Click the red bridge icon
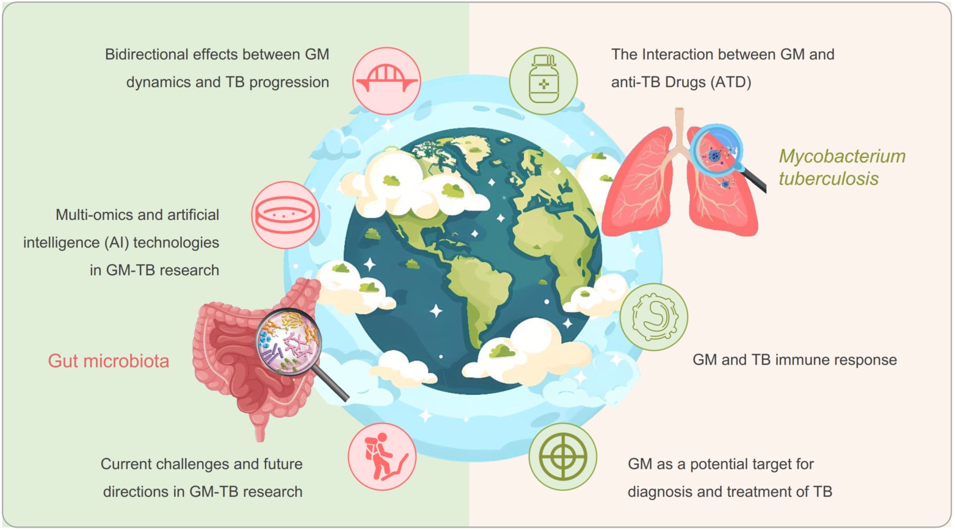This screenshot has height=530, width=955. tap(387, 81)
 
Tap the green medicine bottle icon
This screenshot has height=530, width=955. tap(543, 81)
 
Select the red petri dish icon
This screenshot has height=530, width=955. tap(285, 215)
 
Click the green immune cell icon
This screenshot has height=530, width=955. tap(653, 317)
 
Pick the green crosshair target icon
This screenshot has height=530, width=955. tap(563, 457)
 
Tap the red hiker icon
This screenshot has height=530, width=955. tap(382, 457)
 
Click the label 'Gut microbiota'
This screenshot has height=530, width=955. tap(108, 361)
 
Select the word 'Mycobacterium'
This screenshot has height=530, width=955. tap(842, 157)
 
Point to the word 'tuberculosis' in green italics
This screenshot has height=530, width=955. tap(829, 179)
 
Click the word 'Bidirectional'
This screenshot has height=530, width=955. tap(170, 54)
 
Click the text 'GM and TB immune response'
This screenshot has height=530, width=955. tap(794, 360)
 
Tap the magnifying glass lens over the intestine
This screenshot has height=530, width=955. tap(288, 341)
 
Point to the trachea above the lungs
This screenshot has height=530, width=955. tap(680, 128)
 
